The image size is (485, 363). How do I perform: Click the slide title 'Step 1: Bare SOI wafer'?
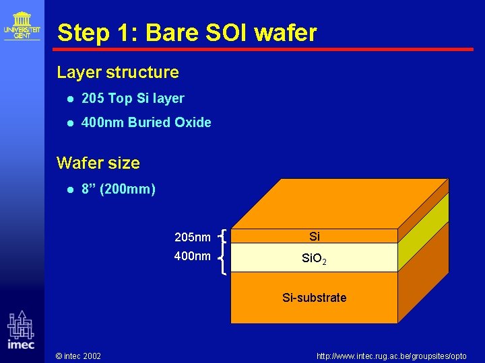(187, 32)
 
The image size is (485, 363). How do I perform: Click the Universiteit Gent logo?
(22, 26)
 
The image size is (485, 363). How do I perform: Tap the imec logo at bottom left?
(21, 330)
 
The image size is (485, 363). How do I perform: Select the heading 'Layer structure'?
(118, 72)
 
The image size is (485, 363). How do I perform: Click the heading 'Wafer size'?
(98, 163)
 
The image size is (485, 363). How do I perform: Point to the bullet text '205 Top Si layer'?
(133, 98)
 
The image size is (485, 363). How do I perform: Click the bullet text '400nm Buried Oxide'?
(146, 122)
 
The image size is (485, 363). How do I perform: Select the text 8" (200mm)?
(119, 189)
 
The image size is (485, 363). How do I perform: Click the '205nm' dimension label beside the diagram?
(192, 237)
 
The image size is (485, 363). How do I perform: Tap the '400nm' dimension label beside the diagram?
(192, 256)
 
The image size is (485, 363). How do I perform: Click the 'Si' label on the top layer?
(315, 236)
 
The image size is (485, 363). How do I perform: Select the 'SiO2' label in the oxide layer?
(315, 258)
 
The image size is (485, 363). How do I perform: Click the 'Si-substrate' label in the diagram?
(315, 297)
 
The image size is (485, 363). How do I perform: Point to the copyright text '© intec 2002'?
(78, 356)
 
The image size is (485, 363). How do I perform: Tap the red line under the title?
(263, 49)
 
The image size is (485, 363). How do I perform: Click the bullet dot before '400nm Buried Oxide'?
(70, 123)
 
